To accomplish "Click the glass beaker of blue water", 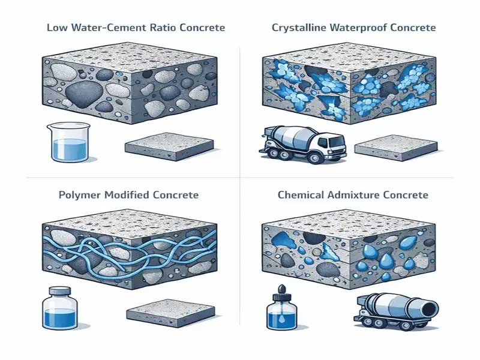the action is click(68, 142).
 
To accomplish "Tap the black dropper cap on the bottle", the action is click(281, 293).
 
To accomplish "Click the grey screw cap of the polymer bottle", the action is click(60, 290).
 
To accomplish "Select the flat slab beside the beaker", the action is click(169, 146).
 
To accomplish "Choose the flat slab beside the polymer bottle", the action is click(170, 313).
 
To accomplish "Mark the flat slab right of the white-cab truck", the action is click(396, 148).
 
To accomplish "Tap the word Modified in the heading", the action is click(127, 195).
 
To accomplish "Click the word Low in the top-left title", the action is click(58, 28).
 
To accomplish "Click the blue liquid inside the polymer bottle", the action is click(59, 318).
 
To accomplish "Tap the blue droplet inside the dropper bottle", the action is click(281, 319).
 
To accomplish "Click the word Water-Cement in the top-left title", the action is click(109, 28).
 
